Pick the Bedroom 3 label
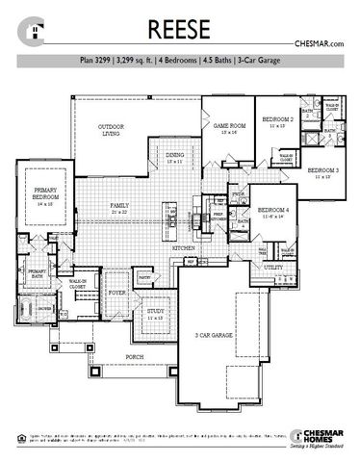(x=323, y=174)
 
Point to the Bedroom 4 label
(x=273, y=212)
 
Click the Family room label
(x=120, y=206)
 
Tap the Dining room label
(x=174, y=157)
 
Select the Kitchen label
(x=184, y=248)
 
